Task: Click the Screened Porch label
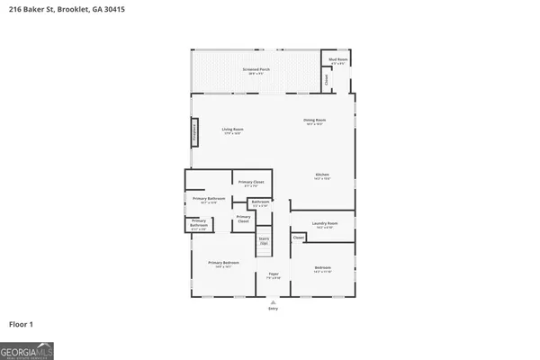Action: [x=256, y=69]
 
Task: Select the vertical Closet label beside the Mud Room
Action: [x=326, y=79]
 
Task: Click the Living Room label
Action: [x=233, y=130]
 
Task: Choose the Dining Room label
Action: [x=314, y=121]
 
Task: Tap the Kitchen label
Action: [x=322, y=175]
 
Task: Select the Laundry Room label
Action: [x=324, y=223]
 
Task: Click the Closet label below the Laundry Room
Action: [x=298, y=238]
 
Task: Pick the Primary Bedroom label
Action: [x=223, y=263]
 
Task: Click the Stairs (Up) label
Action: [x=264, y=240]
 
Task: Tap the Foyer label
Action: [x=273, y=274]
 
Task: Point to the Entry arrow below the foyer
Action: [x=273, y=301]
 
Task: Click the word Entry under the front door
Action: [x=273, y=309]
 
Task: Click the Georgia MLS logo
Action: [x=27, y=349]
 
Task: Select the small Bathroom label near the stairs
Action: [x=260, y=202]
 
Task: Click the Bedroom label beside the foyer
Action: [x=322, y=267]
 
